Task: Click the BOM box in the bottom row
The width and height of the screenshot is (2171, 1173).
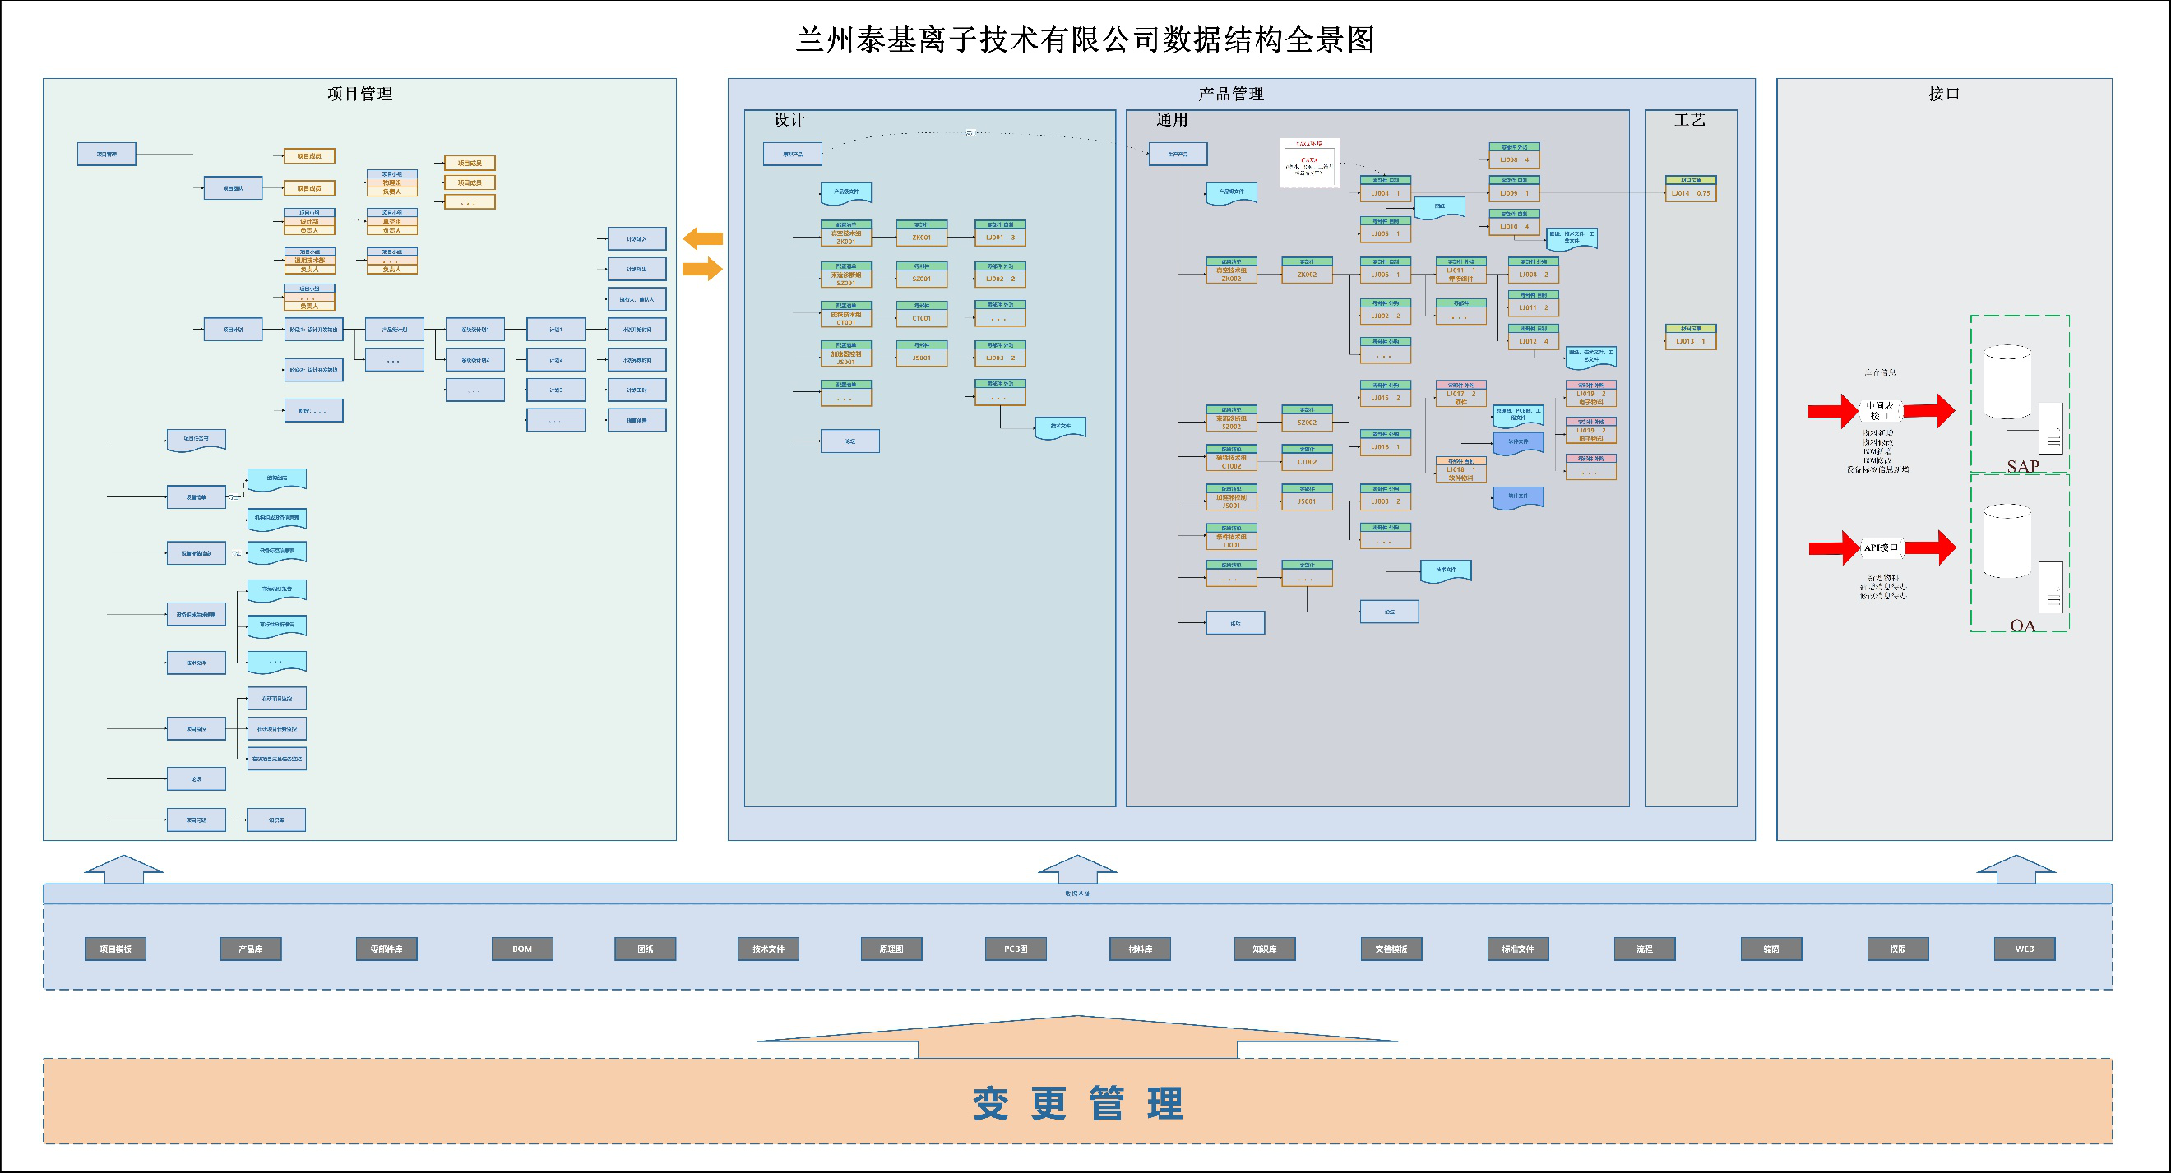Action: (522, 949)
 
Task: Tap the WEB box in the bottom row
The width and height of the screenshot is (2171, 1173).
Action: (2025, 949)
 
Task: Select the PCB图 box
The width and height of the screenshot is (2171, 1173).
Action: (1016, 949)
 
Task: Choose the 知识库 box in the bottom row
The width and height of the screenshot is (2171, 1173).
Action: (1264, 949)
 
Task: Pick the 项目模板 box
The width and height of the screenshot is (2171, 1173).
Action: (115, 949)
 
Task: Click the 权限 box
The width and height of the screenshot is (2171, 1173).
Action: (1898, 949)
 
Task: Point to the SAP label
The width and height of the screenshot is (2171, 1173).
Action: (2023, 466)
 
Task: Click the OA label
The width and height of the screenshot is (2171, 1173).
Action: (2023, 626)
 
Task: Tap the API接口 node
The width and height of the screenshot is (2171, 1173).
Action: (1881, 547)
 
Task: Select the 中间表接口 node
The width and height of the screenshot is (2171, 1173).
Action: (1879, 410)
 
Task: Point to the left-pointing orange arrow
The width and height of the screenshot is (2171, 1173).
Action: (702, 238)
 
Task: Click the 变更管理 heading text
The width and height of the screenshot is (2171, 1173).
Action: (1078, 1103)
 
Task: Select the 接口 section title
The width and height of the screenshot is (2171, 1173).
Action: (1943, 95)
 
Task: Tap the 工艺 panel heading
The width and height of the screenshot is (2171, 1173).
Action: (1690, 120)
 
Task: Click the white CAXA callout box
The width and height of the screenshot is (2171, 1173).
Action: (1309, 164)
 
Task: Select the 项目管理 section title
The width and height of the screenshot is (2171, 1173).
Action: (360, 95)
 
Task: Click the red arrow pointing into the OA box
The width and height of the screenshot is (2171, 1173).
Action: (1931, 547)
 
